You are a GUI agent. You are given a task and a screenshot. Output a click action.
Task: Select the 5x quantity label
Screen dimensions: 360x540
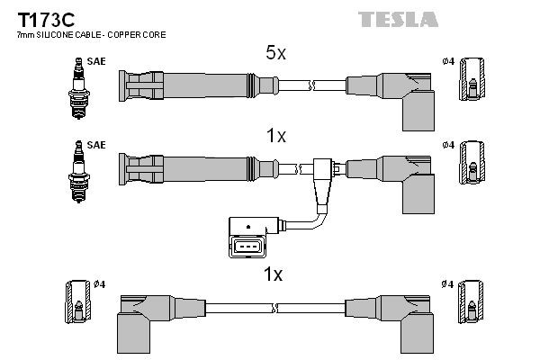(274, 54)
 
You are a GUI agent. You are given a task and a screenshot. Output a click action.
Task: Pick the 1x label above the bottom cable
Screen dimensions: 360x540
(274, 274)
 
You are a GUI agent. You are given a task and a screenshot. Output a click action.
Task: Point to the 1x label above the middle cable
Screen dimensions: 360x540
(274, 136)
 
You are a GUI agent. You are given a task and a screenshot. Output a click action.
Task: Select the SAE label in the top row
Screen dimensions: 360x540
(94, 61)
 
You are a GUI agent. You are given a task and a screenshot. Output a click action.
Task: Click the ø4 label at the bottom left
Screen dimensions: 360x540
(100, 285)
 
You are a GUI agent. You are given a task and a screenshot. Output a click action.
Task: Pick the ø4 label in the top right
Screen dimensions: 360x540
(448, 61)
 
